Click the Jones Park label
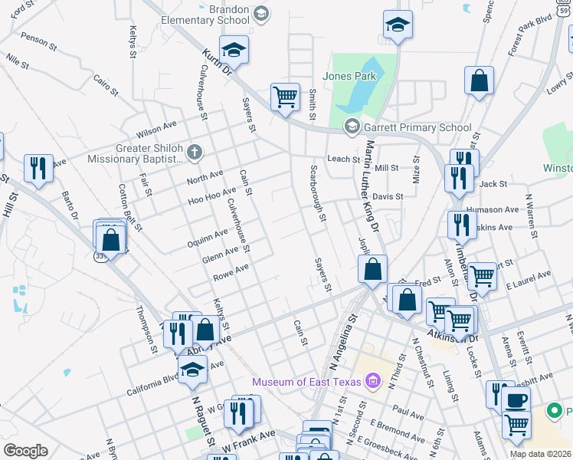coord(349,76)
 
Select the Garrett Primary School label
coord(417,128)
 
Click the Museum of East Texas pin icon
coord(373,380)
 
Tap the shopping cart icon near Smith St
coord(285,97)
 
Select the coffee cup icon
coord(516,399)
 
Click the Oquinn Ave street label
coord(208,238)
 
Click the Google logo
coord(25,451)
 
